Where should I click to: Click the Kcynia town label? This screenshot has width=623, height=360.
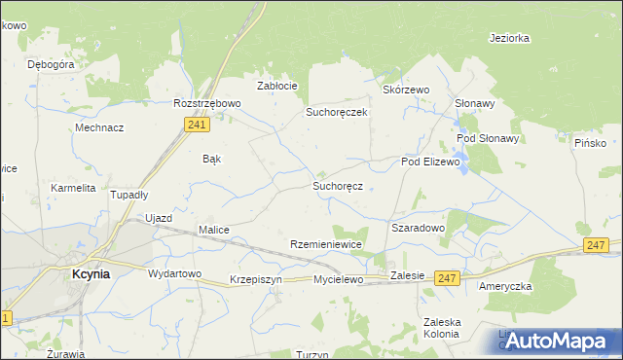[x=92, y=274]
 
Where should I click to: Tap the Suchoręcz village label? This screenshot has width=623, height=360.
[x=338, y=185]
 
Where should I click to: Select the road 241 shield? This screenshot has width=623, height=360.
[x=197, y=125]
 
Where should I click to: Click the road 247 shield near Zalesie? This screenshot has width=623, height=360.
[x=446, y=278]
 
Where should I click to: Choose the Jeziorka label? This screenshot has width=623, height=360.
[x=510, y=39]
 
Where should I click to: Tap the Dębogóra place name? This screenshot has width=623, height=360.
[x=52, y=64]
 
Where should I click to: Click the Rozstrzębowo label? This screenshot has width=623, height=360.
[x=206, y=103]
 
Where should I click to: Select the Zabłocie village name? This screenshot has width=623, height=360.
[x=276, y=86]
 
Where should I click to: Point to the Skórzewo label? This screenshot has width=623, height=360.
[x=406, y=90]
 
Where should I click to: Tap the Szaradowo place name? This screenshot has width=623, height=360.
[x=418, y=227]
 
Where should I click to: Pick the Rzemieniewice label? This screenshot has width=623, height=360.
[x=326, y=245]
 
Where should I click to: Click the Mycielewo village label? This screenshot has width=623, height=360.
[x=338, y=279]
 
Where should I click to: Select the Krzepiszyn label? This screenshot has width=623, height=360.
[x=256, y=279]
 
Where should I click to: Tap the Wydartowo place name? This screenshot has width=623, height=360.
[x=174, y=273]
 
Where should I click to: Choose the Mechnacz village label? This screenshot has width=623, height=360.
[x=99, y=127]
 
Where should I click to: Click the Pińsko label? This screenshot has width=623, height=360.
[x=590, y=143]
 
